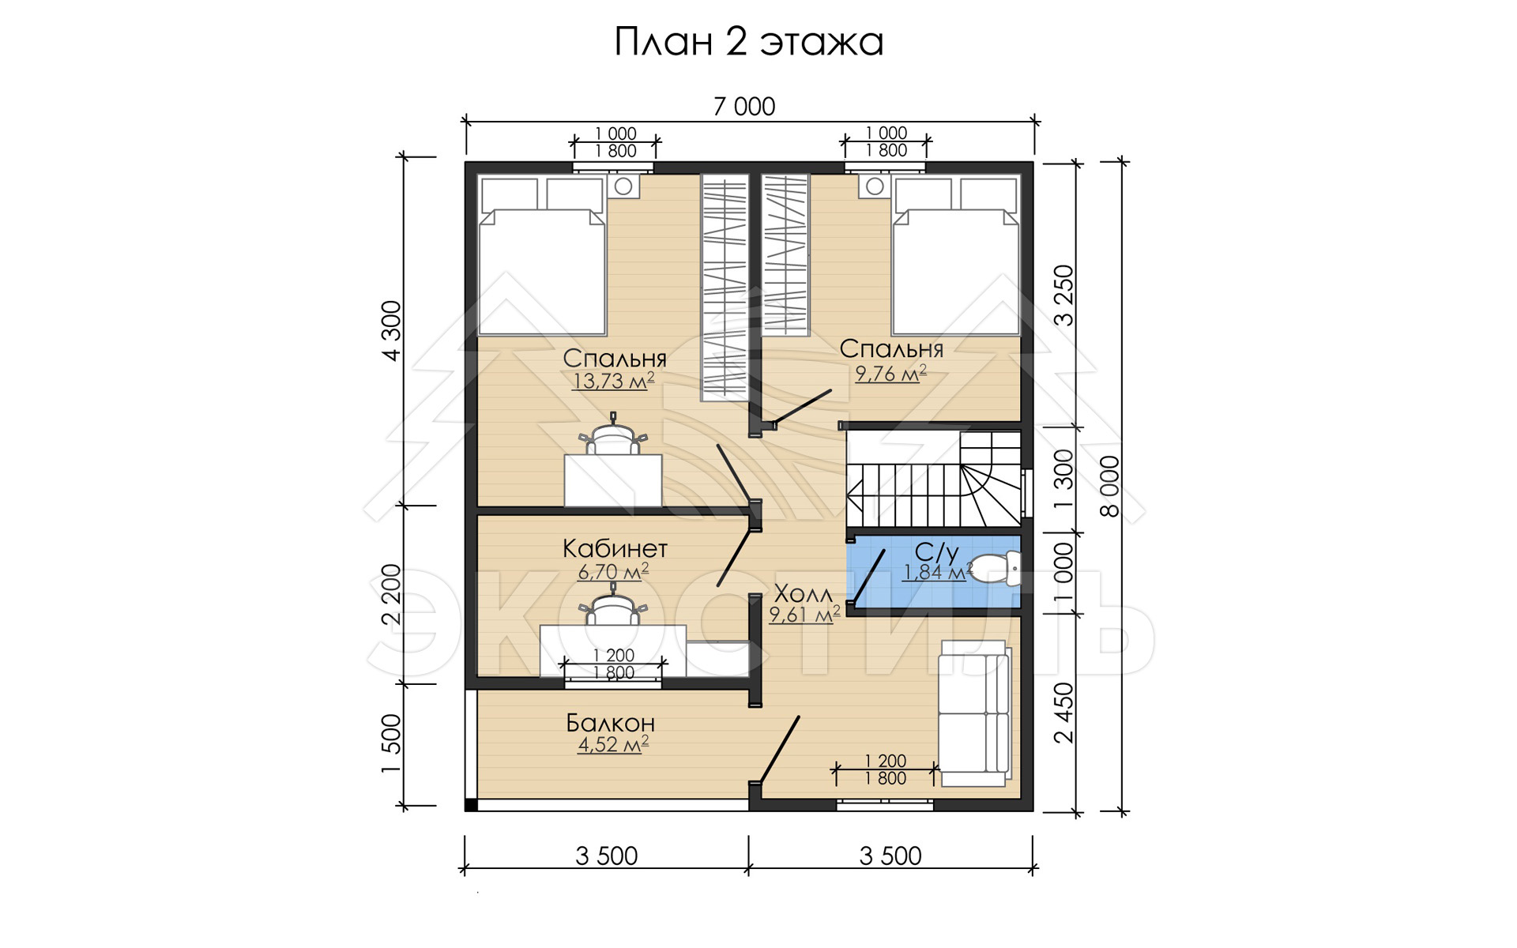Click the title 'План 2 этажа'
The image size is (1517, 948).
pos(748,42)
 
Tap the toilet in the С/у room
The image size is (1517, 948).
pos(995,568)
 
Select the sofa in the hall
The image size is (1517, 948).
pos(974,713)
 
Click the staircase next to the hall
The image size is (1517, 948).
pos(935,479)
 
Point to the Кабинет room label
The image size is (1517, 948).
pos(615,548)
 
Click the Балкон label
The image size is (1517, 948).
pos(610,723)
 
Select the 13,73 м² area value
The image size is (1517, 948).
pos(613,381)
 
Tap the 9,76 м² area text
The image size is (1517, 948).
pos(890,373)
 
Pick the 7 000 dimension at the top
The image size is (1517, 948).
pos(744,107)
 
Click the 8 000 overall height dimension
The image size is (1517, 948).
pos(1110,486)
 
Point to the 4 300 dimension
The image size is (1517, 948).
pos(392,331)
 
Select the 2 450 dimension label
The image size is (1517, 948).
pos(1064,713)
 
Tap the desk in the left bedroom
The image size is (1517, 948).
pos(612,480)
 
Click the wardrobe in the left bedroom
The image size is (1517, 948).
pos(725,288)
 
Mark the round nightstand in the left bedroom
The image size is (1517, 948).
pos(623,186)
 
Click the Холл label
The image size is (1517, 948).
pos(803,593)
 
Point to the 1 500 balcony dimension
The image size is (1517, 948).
pos(392,744)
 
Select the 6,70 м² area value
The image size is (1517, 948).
pos(613,570)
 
